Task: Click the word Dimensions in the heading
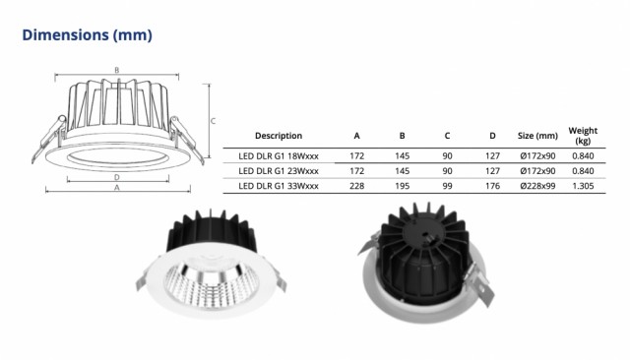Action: click(66, 34)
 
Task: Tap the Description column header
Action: click(279, 136)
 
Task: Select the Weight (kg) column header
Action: click(583, 136)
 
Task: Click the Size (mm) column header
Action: click(537, 136)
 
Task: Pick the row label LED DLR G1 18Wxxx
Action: click(279, 155)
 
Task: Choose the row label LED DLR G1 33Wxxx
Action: click(279, 186)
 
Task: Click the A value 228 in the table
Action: click(356, 186)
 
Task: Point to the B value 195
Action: click(402, 186)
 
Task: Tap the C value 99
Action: click(447, 186)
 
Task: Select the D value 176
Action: click(492, 186)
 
